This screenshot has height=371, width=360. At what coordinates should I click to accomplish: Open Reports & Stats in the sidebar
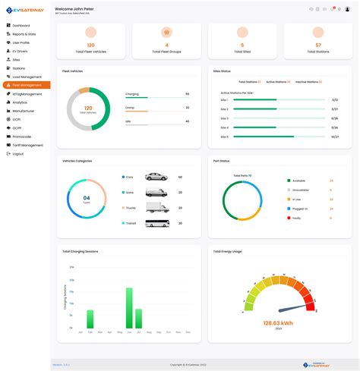coord(25,35)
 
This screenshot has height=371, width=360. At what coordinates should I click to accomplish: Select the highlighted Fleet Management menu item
coord(27,85)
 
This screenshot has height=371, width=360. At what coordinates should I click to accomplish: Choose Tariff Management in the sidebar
coord(27,145)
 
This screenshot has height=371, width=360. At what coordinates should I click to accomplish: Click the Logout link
coord(18,153)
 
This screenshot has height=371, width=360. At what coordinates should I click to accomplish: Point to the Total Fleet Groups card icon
coord(166,33)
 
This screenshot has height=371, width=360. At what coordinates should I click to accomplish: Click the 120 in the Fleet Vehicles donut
coord(88,108)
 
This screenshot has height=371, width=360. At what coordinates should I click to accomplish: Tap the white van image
coord(156,192)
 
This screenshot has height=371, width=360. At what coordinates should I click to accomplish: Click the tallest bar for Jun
coord(129,308)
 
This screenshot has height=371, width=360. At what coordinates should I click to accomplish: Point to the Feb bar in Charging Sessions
coord(90,319)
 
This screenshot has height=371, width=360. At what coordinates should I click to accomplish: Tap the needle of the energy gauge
coord(292,309)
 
